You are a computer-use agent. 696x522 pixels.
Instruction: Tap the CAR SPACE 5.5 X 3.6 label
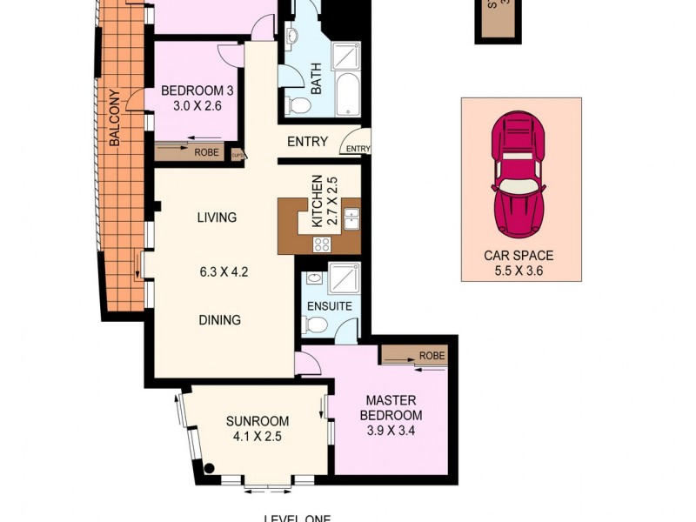pos(519,263)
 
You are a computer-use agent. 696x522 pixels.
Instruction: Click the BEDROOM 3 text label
pos(191,97)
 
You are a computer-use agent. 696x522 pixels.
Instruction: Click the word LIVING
pos(217,217)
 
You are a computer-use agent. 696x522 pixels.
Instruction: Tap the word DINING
pos(218,319)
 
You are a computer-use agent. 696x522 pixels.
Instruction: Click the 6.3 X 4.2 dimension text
pos(224,271)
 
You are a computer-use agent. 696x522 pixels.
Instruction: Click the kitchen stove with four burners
pos(322,244)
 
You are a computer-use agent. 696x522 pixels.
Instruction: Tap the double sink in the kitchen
pos(351,217)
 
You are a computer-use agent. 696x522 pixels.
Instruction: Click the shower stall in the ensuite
pos(342,283)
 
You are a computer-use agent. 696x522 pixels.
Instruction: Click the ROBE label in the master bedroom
pos(432,356)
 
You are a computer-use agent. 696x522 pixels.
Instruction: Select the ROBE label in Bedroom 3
pos(206,151)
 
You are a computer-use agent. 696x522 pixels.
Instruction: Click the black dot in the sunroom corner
pos(210,468)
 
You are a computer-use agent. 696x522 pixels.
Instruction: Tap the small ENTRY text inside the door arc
pos(358,149)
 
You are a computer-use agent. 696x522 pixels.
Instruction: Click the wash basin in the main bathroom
pos(291,37)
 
